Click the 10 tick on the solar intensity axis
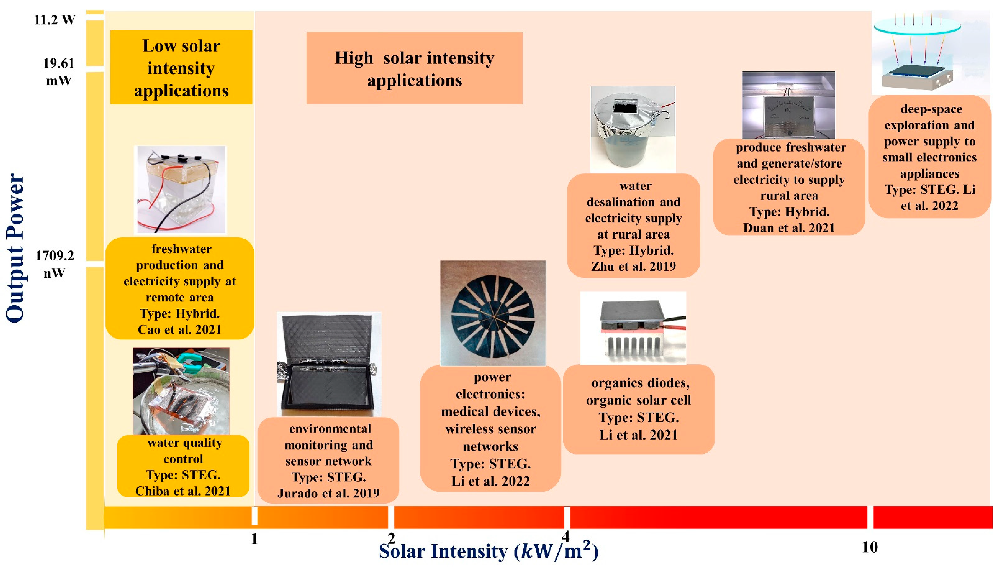[x=870, y=547]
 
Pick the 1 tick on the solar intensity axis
[x=254, y=539]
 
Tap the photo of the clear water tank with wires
[x=180, y=190]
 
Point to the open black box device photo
[x=329, y=364]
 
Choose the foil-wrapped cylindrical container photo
[x=633, y=129]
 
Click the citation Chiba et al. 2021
[x=183, y=491]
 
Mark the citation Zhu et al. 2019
[x=633, y=267]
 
